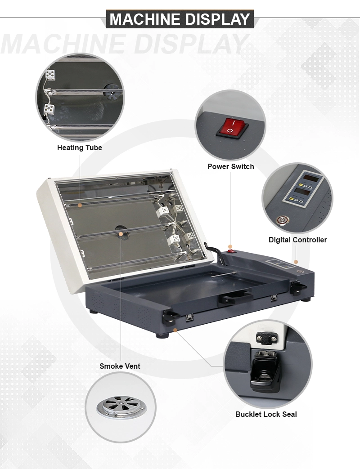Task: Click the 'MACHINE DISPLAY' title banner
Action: click(x=180, y=19)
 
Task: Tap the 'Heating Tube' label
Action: click(x=80, y=148)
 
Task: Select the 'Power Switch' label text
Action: click(x=231, y=167)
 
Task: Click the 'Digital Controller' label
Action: click(x=298, y=240)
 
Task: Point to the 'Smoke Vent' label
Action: click(x=120, y=366)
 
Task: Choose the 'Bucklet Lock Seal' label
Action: click(x=266, y=414)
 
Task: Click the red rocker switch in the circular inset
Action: click(x=232, y=128)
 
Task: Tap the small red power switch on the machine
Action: click(x=230, y=251)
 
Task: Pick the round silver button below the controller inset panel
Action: click(x=282, y=220)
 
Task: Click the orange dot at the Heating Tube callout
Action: click(x=80, y=205)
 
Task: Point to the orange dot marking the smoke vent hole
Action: click(x=121, y=234)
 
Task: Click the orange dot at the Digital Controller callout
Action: click(x=296, y=262)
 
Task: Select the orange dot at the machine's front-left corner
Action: click(x=175, y=330)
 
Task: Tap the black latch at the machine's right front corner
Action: click(x=298, y=288)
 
